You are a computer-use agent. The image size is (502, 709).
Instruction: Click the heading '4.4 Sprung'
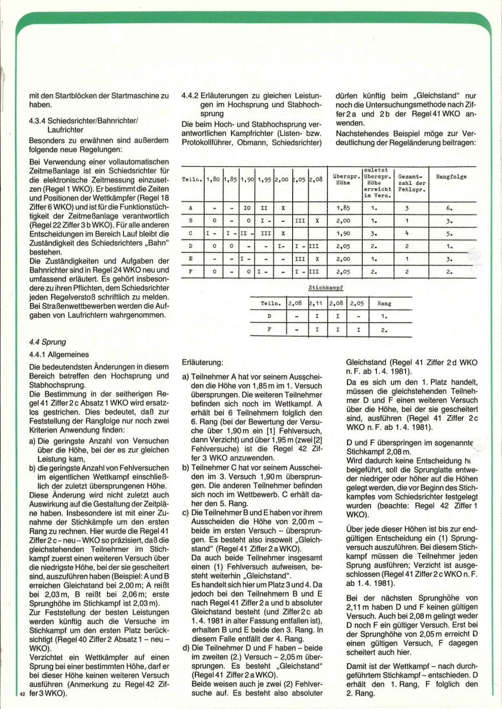click(48, 342)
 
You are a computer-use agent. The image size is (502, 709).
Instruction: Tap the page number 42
click(23, 694)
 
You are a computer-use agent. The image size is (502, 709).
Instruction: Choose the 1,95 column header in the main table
click(265, 179)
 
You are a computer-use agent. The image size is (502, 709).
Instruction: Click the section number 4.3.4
click(39, 120)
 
